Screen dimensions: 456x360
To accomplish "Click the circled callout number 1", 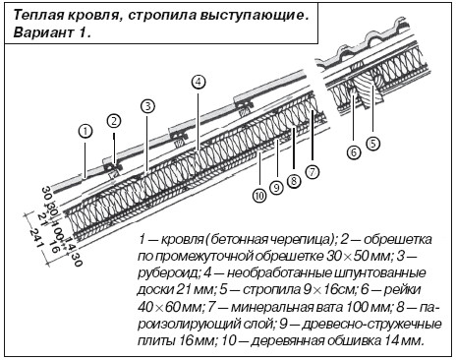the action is pos(85,132).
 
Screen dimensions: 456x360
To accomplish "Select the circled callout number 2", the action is pos(114,121).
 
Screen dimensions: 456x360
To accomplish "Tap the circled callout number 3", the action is pos(147,106).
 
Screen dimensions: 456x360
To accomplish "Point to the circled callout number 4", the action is pos(199,82).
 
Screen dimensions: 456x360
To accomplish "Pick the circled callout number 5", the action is pos(373,144).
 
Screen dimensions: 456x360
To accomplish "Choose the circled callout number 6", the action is pos(354,152).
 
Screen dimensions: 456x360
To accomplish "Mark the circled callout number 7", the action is pos(312,172).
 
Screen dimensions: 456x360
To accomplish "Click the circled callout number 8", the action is pos(294,181).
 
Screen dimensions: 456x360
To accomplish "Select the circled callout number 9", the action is pos(276,188).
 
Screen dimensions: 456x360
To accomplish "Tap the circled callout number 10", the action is pos(259,196).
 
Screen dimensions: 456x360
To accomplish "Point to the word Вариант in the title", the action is pos(43,32).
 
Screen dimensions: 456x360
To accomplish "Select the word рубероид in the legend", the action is pos(168,273).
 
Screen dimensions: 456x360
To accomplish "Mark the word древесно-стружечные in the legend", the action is pos(371,325).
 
